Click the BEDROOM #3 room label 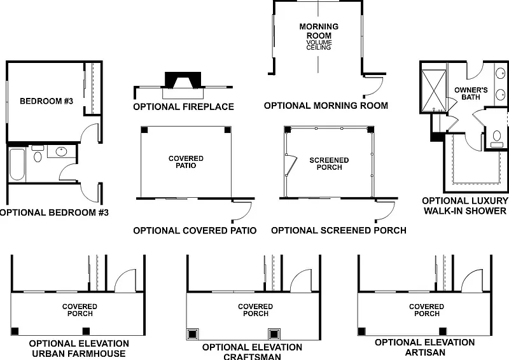tap(46, 100)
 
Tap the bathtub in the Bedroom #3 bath tap(17, 163)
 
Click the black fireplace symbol tap(181, 80)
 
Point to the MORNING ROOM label tap(319, 31)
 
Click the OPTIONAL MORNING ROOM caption tap(326, 106)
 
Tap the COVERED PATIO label tap(186, 162)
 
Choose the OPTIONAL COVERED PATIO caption tap(195, 230)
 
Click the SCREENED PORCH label tap(329, 163)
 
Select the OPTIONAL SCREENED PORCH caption tap(338, 230)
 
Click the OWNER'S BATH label tap(471, 93)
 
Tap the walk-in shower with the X tap(433, 88)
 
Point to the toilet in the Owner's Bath tap(497, 136)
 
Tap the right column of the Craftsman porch tap(274, 333)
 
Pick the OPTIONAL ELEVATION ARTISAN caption tap(424, 347)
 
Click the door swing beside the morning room tap(376, 85)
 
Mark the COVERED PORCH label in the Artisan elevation tap(426, 310)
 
